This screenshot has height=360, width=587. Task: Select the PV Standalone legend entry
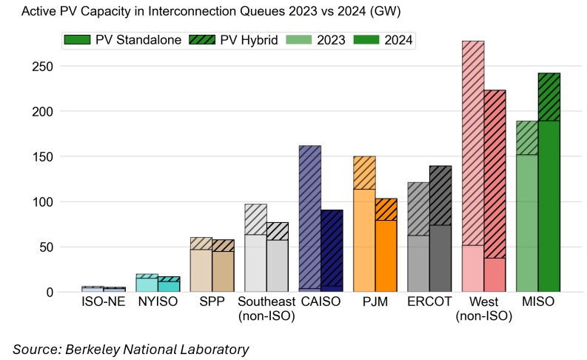123,40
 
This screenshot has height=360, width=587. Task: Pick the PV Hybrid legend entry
234,40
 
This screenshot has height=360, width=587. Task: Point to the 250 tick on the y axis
43,67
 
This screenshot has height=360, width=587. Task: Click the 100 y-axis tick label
43,202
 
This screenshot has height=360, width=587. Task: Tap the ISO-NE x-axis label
103,302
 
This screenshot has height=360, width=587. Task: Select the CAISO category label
321,302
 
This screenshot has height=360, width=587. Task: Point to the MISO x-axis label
538,302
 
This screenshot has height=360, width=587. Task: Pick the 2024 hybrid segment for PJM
386,209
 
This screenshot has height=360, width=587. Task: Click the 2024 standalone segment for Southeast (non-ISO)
278,266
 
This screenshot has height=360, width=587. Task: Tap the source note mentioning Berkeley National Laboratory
130,348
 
